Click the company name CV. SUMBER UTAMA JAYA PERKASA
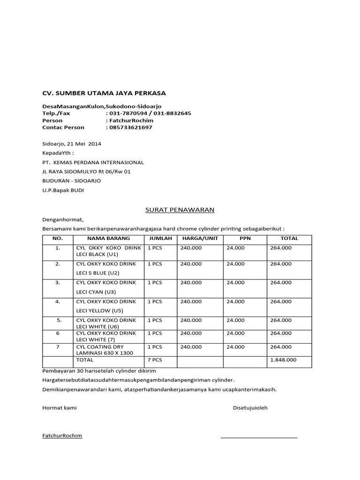[x=104, y=93]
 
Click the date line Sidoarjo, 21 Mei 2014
[x=72, y=143]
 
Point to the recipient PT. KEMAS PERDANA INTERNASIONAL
[x=93, y=162]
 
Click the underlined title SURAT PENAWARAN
[x=178, y=210]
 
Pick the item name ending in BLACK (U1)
[x=108, y=251]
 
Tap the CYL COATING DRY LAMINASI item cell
[x=108, y=350]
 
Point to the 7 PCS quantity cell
[x=155, y=360]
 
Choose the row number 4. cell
[x=58, y=301]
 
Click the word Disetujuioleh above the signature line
[x=250, y=408]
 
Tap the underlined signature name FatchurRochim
[x=62, y=436]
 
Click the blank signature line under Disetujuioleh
[x=259, y=437]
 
